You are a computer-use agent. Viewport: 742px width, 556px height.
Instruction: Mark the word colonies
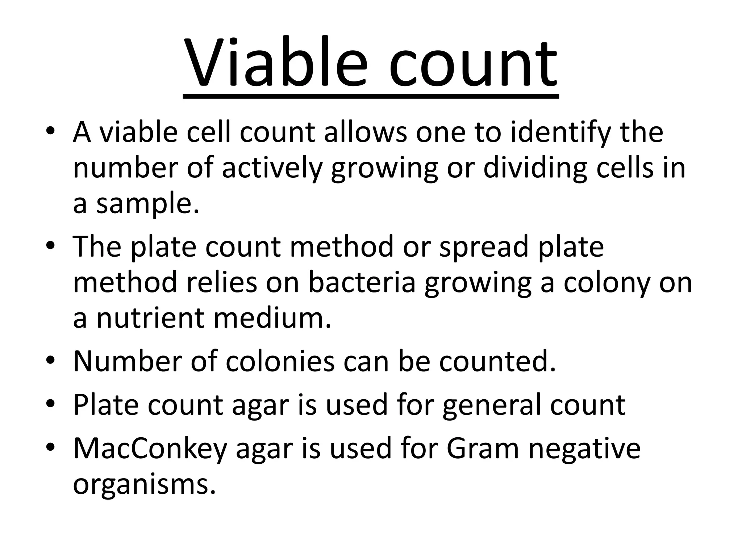(x=280, y=362)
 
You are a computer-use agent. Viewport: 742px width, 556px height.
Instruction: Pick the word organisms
(x=144, y=485)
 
